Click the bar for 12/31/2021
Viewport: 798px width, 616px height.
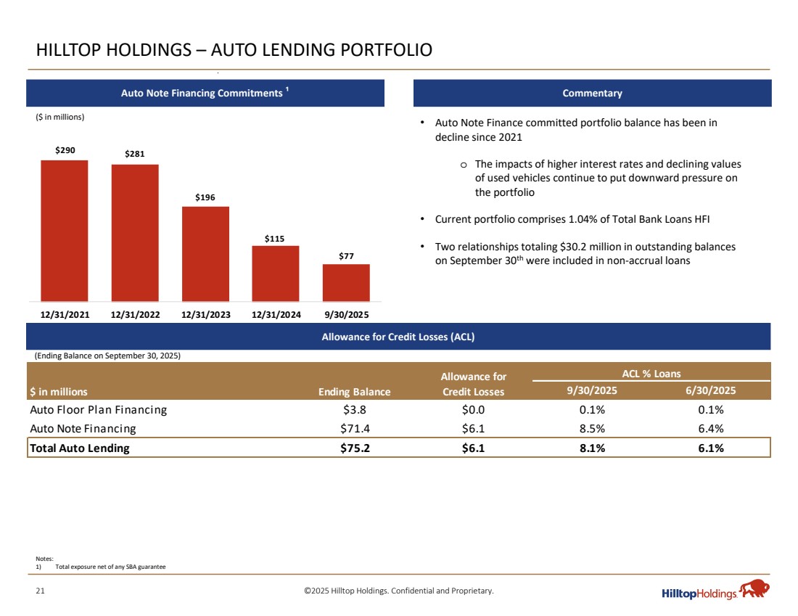click(x=64, y=230)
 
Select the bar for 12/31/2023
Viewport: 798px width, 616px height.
click(x=205, y=253)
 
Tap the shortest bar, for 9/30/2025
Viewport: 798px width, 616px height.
click(x=346, y=282)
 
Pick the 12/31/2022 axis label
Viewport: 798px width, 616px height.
click(x=135, y=314)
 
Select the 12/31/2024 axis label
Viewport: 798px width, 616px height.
click(x=276, y=314)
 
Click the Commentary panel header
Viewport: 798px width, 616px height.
click(x=592, y=94)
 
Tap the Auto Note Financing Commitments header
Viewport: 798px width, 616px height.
click(x=205, y=94)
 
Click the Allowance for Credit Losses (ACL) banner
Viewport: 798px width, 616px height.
click(x=398, y=337)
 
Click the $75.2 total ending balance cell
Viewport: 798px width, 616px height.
click(x=358, y=448)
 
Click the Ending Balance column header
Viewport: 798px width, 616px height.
click(x=354, y=392)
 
